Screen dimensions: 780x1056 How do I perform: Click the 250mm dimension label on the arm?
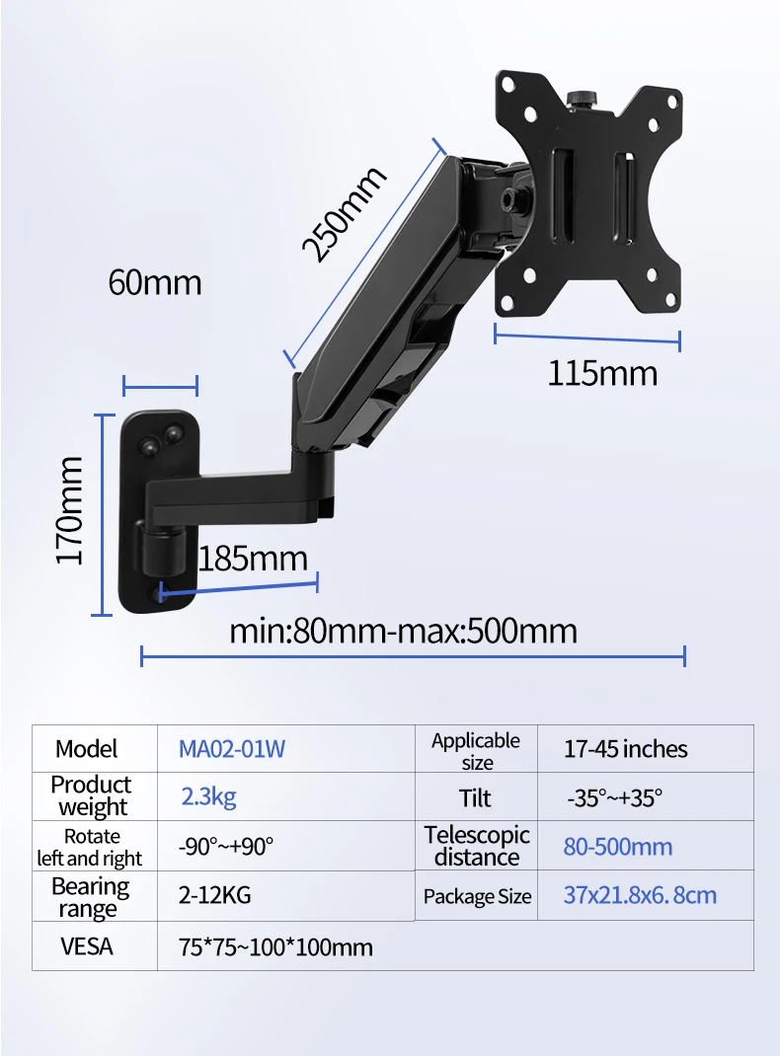(x=345, y=213)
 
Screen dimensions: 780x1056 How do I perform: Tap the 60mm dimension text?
(x=155, y=282)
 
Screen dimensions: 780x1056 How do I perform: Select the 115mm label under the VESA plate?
(x=602, y=374)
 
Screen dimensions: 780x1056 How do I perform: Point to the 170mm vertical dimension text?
(x=69, y=510)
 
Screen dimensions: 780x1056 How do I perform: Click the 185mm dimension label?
(x=254, y=559)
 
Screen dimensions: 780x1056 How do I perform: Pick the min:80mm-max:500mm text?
(x=404, y=631)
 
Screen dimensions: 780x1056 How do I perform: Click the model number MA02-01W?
(x=232, y=749)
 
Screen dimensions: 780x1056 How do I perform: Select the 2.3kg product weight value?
(x=208, y=796)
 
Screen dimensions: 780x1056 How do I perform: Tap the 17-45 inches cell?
(x=626, y=749)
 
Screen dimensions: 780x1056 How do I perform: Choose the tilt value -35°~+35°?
(x=614, y=798)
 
